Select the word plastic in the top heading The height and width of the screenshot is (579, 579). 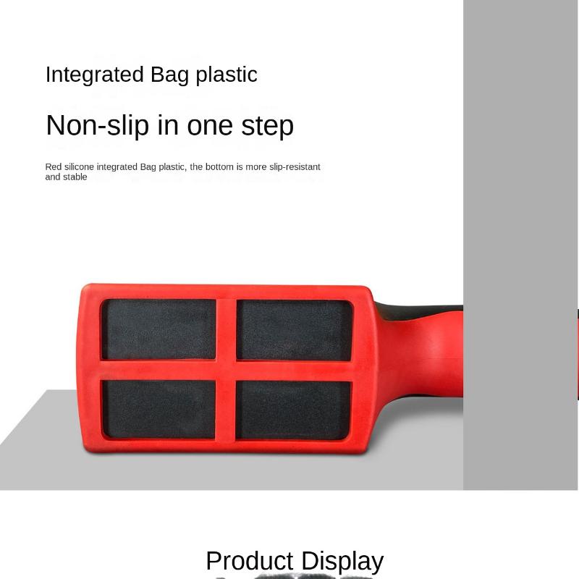click(x=226, y=75)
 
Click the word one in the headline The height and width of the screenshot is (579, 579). click(x=209, y=127)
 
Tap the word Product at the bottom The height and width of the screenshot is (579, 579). click(x=250, y=561)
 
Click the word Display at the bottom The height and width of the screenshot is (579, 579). click(x=342, y=562)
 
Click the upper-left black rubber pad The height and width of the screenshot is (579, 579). click(x=159, y=329)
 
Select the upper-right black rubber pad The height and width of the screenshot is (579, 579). click(x=294, y=330)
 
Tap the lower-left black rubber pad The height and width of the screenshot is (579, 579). click(x=159, y=409)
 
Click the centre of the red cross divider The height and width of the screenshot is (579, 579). click(x=226, y=369)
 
